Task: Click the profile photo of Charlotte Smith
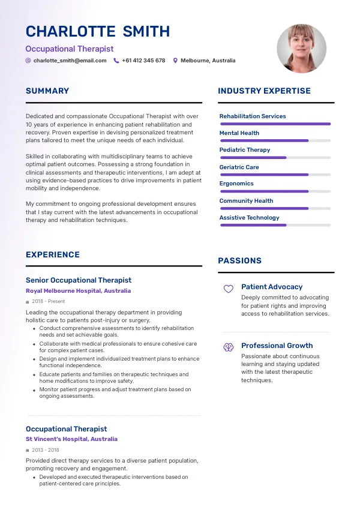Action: coord(301,49)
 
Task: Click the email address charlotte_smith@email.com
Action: coord(70,61)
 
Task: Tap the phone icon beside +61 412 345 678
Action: coord(116,61)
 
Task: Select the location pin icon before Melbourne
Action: coord(175,61)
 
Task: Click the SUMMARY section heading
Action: coord(47,91)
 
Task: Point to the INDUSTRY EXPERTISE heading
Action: coord(264,91)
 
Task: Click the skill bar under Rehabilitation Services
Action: coord(275,124)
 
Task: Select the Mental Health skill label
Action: coord(239,133)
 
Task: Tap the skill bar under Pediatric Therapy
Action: coord(275,157)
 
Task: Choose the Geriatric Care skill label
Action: coord(239,167)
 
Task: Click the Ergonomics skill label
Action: coord(236,184)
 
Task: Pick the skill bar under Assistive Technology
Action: coord(275,225)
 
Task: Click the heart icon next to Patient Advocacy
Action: coord(228,289)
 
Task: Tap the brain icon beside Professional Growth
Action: coord(228,347)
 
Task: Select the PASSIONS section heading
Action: coord(239,261)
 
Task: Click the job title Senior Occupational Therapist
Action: coord(79,280)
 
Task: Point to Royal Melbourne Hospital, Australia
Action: coord(78,291)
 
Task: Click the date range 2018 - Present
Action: coord(49,302)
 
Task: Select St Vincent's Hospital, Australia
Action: coord(71,439)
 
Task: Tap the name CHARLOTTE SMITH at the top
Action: coord(98,32)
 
